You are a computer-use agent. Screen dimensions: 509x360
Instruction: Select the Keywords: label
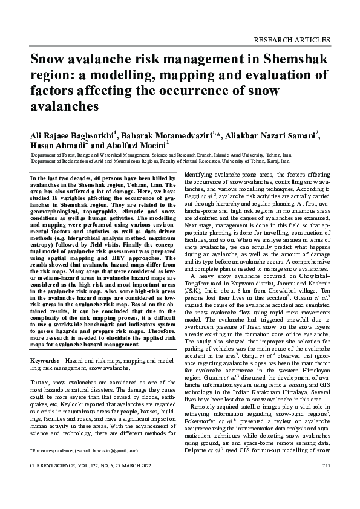click(44, 343)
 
